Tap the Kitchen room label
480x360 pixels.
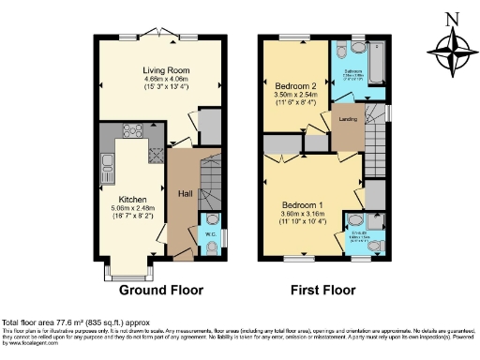pyautogui.click(x=127, y=199)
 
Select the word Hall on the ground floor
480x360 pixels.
pyautogui.click(x=186, y=193)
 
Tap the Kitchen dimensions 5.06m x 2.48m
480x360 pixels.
pyautogui.click(x=127, y=208)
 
